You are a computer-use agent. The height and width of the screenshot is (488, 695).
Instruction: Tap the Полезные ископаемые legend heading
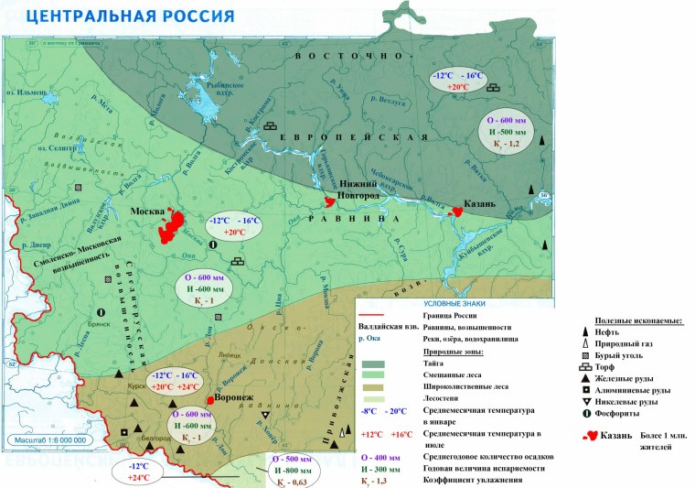[x=638, y=320]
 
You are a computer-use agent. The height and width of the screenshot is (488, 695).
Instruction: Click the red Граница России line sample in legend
[x=374, y=314]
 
